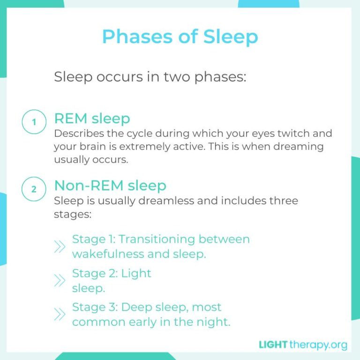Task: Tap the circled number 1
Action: (x=34, y=123)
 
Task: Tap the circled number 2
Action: (x=34, y=189)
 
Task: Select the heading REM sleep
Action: (x=92, y=118)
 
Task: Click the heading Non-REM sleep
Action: (x=110, y=185)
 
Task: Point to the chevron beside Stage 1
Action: (x=60, y=247)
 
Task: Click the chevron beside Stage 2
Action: (x=60, y=280)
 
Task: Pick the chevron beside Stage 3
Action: (x=60, y=314)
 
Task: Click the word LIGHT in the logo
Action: (x=273, y=345)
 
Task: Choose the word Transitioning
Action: (x=157, y=239)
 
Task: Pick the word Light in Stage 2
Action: (x=136, y=273)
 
